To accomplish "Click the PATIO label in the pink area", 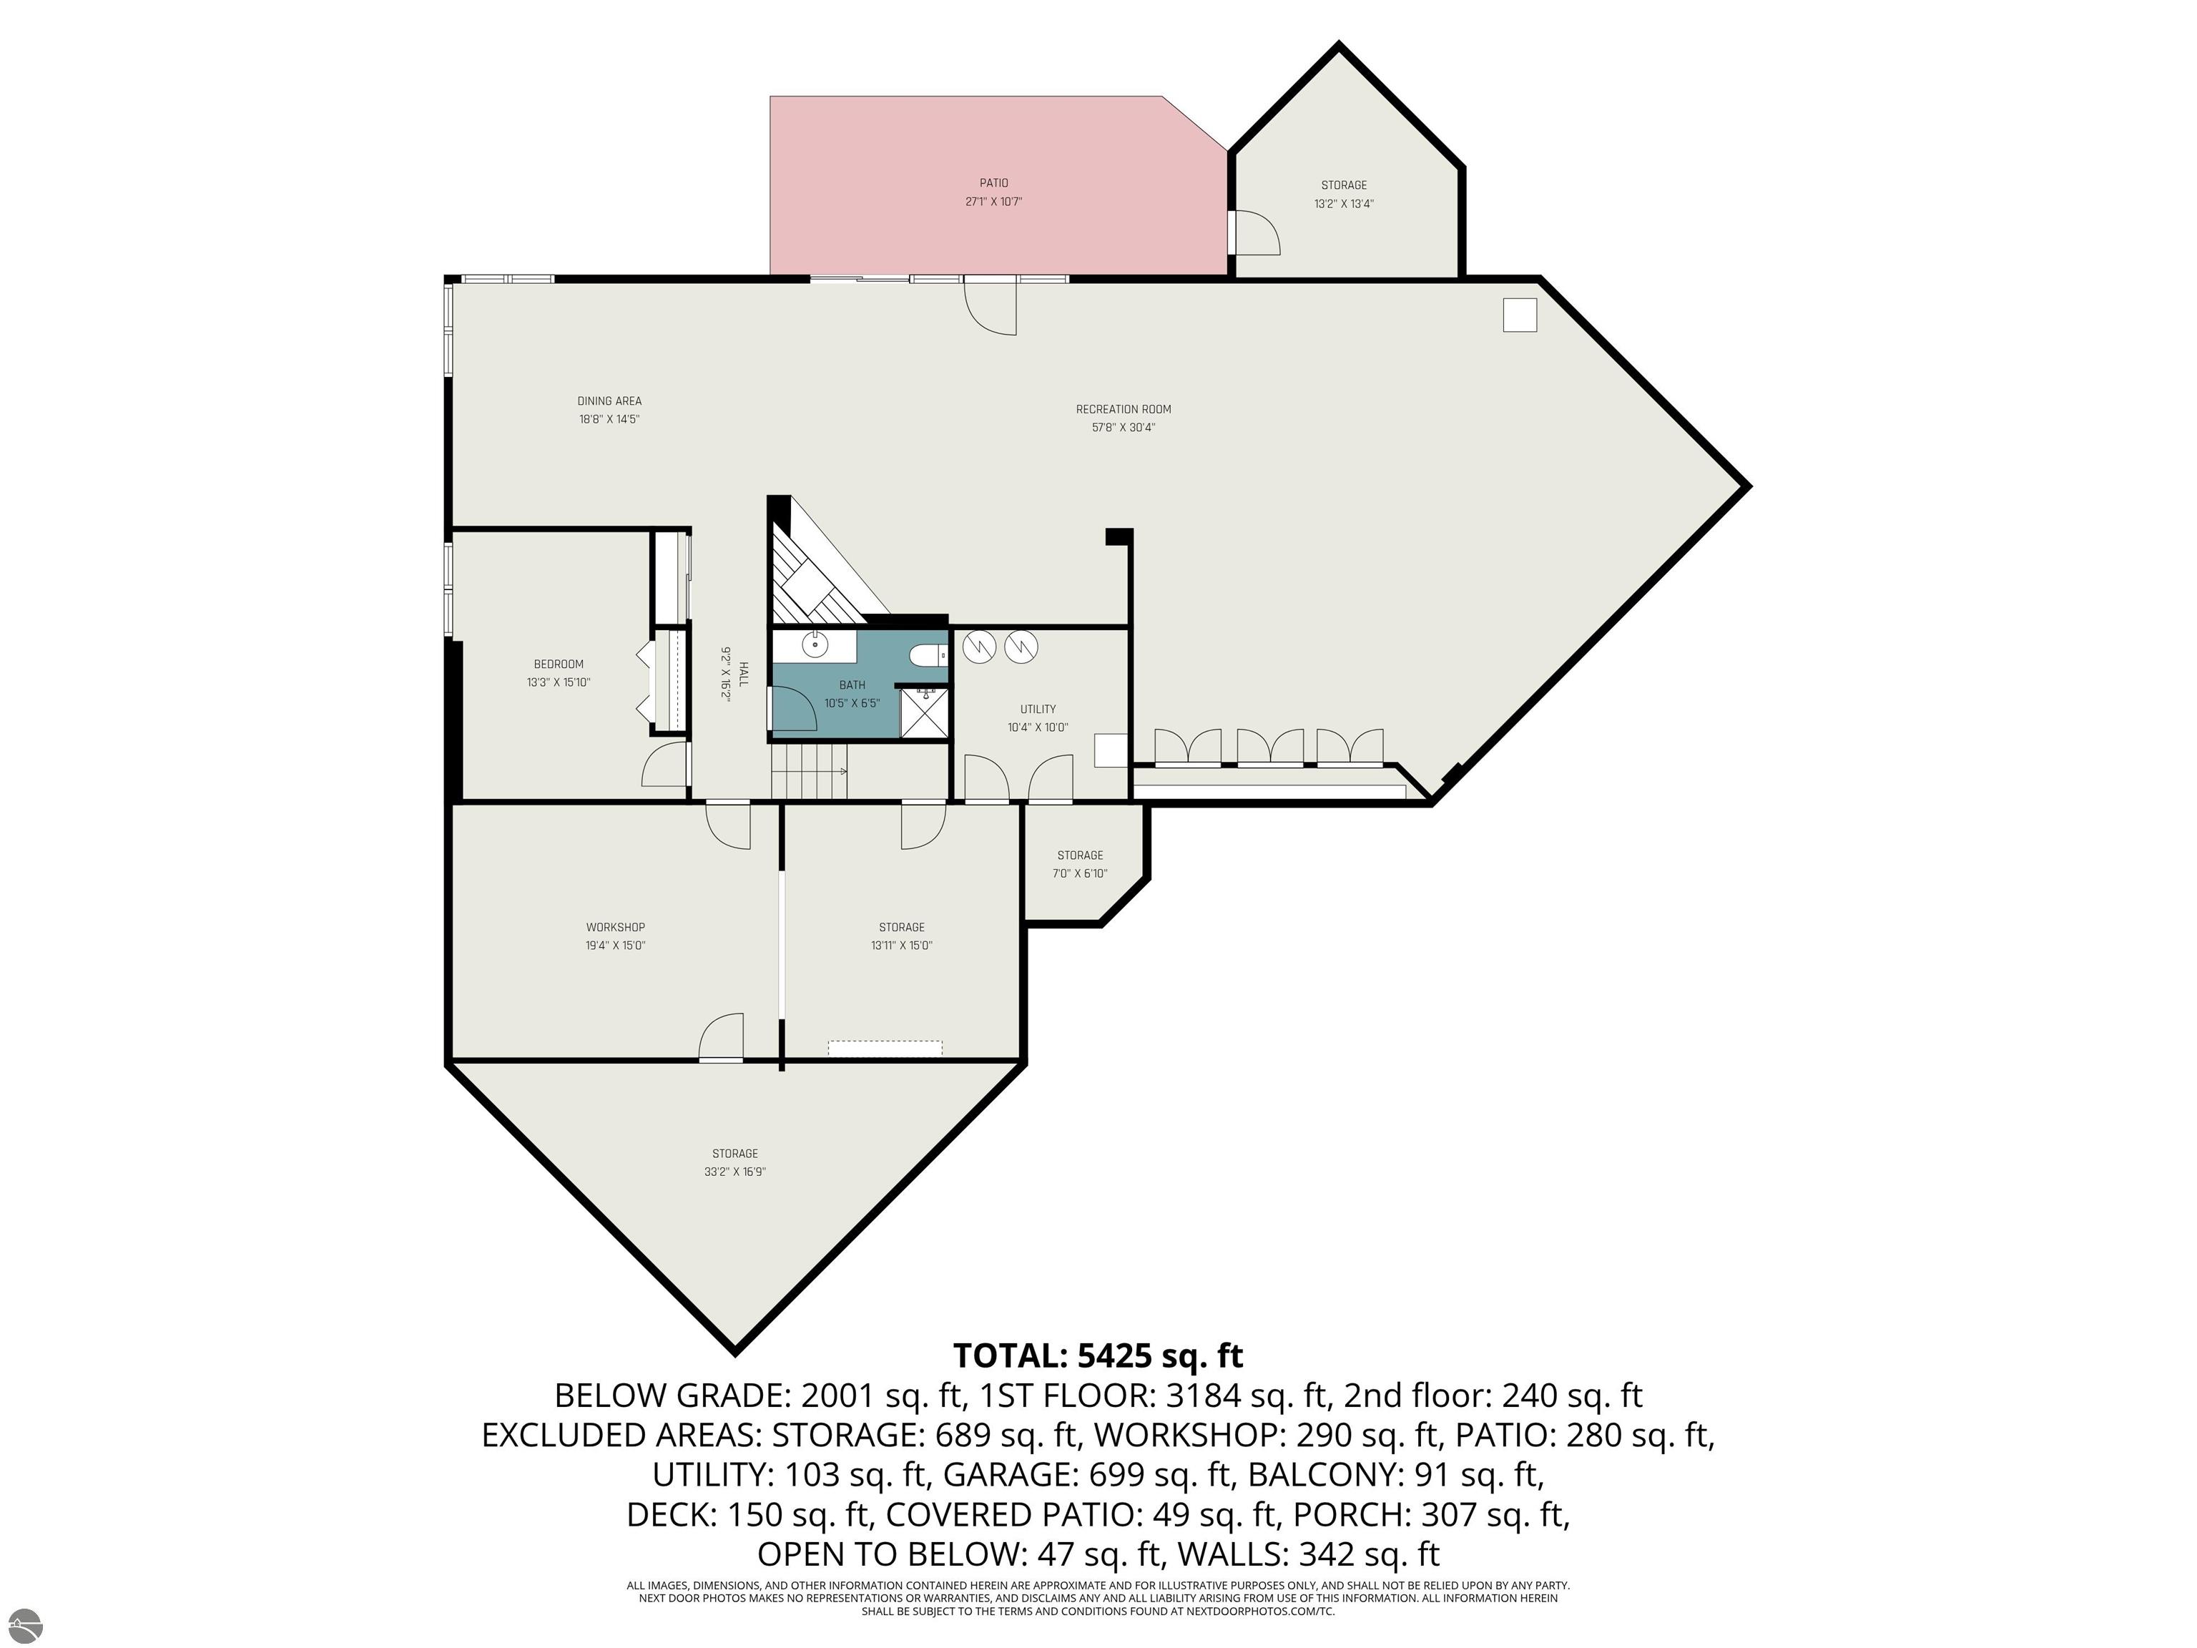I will (x=993, y=183).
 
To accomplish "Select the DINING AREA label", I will (x=609, y=401).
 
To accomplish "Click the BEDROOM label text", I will (x=558, y=664).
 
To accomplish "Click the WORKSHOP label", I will (x=615, y=928).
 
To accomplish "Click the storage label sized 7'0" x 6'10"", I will (x=1080, y=855).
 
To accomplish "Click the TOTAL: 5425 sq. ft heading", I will (x=1098, y=1356).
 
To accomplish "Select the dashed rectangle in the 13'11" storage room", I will (x=885, y=1048).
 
